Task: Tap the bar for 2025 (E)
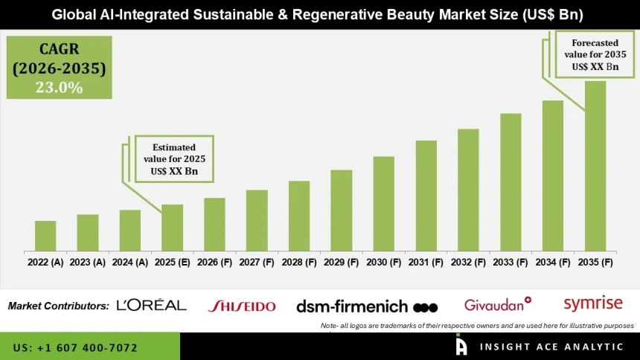tap(172, 227)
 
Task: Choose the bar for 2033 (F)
tap(511, 181)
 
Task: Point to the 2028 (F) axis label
tap(299, 262)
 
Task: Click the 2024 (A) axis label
tap(130, 262)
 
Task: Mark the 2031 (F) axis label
tap(426, 262)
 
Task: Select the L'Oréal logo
tap(152, 305)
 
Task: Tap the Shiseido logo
tap(241, 306)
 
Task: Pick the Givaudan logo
tap(497, 304)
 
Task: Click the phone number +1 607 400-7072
tap(75, 347)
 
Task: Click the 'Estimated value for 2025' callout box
tap(174, 158)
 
